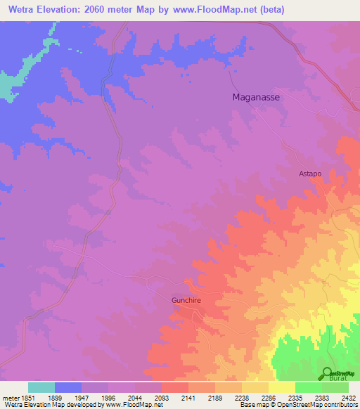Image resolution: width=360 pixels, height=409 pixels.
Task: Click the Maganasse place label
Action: pos(256,98)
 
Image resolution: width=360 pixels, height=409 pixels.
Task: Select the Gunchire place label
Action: pos(186,300)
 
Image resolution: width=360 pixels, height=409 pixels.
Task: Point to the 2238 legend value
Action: pos(242,398)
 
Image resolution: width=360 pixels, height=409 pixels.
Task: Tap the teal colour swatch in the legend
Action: pos(41,387)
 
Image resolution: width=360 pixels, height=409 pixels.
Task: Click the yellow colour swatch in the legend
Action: pos(281,387)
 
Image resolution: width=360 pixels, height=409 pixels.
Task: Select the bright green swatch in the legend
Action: pos(308,387)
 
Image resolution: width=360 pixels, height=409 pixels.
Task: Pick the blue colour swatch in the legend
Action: pos(68,387)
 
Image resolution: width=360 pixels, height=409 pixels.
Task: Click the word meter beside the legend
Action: pos(11,398)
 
